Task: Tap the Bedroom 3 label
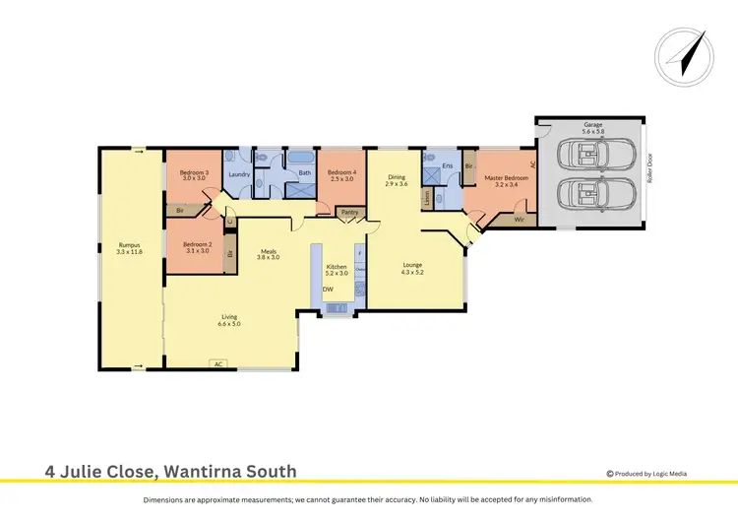(x=192, y=174)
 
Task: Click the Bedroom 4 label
(x=341, y=174)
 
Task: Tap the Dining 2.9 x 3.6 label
(x=396, y=181)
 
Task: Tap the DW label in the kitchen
(x=327, y=289)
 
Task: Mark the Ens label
(x=447, y=166)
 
